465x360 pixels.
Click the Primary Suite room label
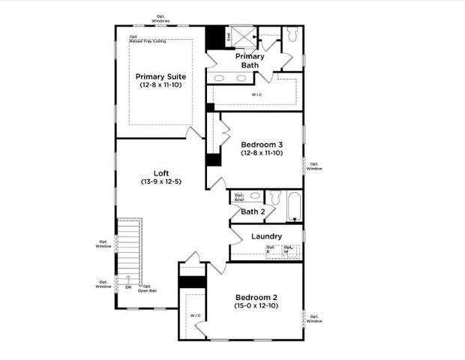click(160, 76)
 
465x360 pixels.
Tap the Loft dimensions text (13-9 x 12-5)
click(160, 181)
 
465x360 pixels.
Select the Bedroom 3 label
click(262, 144)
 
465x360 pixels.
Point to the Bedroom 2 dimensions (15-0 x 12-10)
click(256, 306)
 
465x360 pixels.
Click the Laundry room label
click(266, 236)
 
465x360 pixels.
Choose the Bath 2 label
click(253, 211)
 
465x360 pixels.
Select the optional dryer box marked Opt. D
click(271, 250)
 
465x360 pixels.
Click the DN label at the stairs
click(128, 286)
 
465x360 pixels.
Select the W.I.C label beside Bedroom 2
click(194, 316)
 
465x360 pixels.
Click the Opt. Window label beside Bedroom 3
click(314, 166)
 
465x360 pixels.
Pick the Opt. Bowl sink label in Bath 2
click(239, 198)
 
